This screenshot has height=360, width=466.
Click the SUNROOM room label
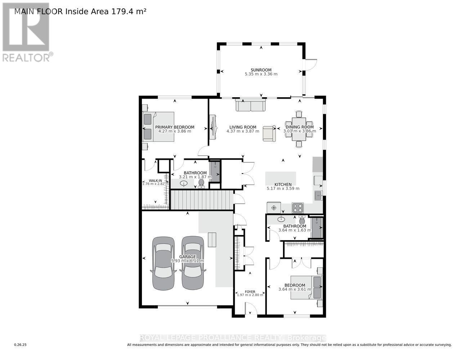pos(261,70)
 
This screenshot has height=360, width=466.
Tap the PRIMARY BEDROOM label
pos(175,127)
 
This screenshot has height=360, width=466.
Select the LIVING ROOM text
pos(243,127)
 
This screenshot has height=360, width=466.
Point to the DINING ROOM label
pos(300,127)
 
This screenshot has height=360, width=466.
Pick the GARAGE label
pos(188,257)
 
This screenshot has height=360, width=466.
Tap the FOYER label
pos(250,292)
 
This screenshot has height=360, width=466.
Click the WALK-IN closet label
pos(156,180)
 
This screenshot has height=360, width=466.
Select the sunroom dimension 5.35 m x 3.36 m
pos(261,74)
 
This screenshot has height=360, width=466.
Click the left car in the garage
pos(163,263)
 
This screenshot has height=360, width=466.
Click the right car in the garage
pos(192,263)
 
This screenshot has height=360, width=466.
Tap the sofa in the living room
pos(251,105)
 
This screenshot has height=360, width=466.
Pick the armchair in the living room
pos(269,134)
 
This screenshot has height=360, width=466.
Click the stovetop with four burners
pos(297,208)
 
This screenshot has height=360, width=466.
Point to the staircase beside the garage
pos(200,200)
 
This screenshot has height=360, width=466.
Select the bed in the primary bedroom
pos(159,126)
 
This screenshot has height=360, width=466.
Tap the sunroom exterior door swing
pos(310,64)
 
